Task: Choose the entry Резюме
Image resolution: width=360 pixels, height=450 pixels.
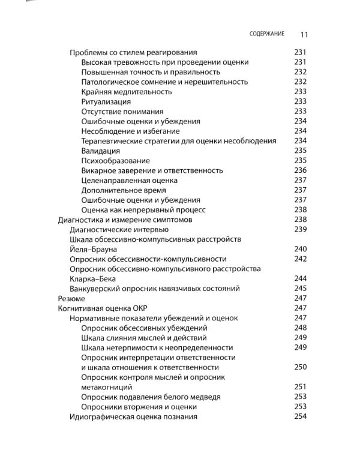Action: (71, 298)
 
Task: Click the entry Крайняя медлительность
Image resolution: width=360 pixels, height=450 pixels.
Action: (127, 92)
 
